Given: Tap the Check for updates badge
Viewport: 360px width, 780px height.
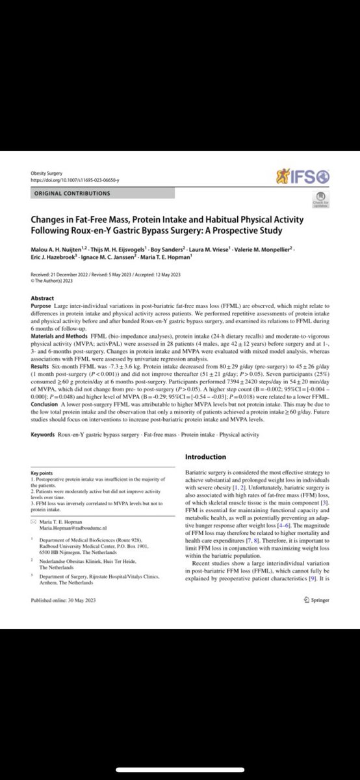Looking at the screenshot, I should [x=320, y=199].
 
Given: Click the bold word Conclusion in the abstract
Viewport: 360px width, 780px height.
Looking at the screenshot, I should [x=46, y=378].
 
